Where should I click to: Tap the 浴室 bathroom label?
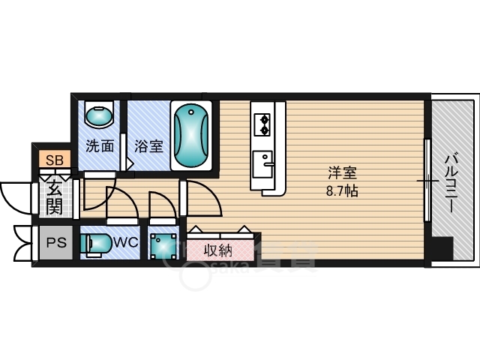(x=148, y=146)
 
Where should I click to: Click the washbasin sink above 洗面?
(x=98, y=115)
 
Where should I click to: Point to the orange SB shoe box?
(x=54, y=160)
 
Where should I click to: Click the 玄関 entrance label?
(x=54, y=196)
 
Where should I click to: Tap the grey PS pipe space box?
(x=55, y=243)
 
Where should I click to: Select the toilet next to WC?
(x=95, y=244)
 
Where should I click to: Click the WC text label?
(x=124, y=243)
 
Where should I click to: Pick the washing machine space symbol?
(x=163, y=244)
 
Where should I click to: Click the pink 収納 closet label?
(x=216, y=249)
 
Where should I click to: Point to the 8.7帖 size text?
(x=340, y=190)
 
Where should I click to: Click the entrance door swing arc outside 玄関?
(x=14, y=196)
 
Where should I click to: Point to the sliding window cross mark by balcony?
(x=427, y=181)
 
